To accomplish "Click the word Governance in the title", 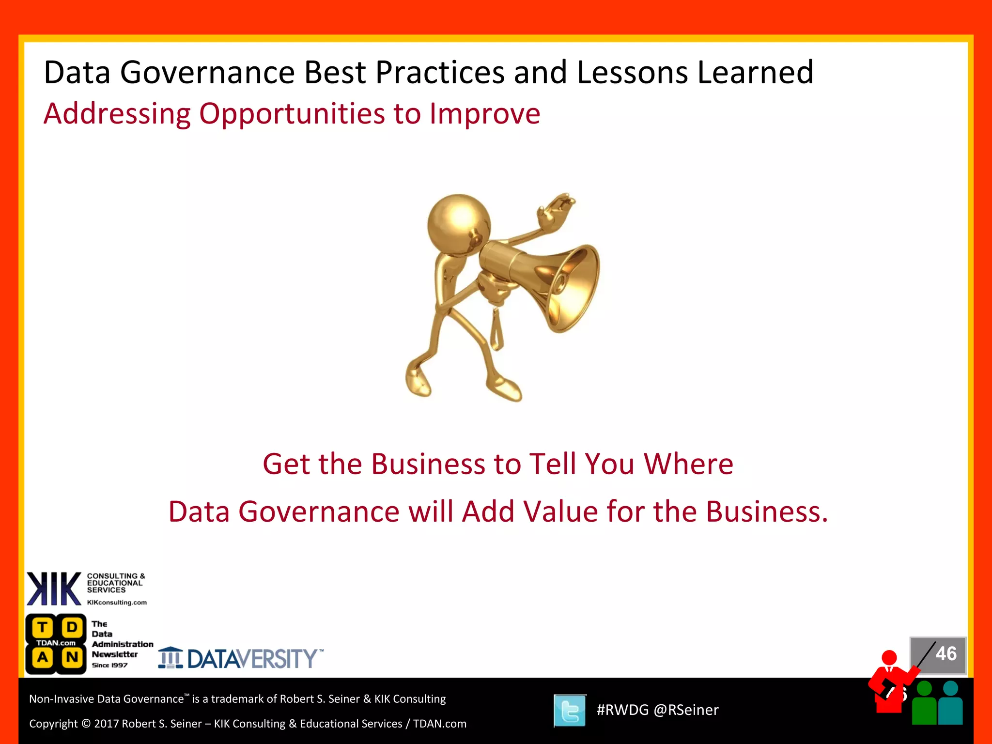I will point(207,73).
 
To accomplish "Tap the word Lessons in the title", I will point(633,73).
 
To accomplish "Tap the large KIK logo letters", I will point(54,589).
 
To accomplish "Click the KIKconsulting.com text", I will point(117,603).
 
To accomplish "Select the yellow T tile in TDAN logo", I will point(43,627).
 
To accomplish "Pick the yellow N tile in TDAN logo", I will point(72,657).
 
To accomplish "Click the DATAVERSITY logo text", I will point(252,659).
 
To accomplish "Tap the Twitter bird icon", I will point(570,711).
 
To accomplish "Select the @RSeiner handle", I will point(686,710).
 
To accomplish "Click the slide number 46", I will point(945,654).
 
